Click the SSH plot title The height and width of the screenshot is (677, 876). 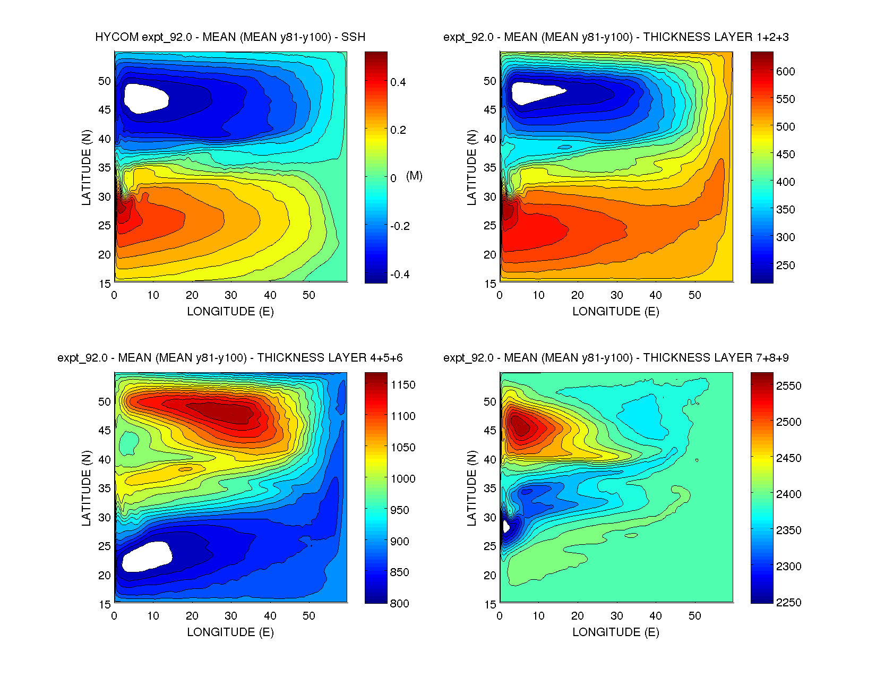pos(230,37)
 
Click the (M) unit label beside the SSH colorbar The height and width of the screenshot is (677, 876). pos(414,176)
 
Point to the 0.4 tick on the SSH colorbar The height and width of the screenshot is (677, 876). pos(398,82)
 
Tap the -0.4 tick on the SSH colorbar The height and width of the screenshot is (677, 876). pos(399,275)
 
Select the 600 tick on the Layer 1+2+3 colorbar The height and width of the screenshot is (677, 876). pos(785,72)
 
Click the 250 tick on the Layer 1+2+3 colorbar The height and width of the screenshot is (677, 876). pos(785,265)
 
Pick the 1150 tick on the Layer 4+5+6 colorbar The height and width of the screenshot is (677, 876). pos(403,385)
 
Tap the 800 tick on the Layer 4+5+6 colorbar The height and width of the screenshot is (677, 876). pos(399,603)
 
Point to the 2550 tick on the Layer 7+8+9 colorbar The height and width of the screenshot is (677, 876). pos(788,386)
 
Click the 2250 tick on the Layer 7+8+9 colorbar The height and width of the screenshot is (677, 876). pos(788,602)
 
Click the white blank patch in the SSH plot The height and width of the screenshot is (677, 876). pos(145,98)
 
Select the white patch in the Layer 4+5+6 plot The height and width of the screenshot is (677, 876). pos(147,556)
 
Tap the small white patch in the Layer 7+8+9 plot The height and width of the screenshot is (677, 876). pos(505,527)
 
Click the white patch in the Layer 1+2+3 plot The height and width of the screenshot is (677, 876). pos(534,92)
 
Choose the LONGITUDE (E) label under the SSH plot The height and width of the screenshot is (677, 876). pos(230,312)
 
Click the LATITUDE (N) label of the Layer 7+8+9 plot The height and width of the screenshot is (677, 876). pos(471,488)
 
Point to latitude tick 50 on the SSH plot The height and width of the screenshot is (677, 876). pos(105,81)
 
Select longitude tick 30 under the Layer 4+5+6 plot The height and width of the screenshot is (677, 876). pos(231,616)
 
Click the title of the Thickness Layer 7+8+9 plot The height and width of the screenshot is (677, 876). pos(616,358)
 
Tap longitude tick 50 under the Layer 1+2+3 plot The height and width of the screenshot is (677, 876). pos(694,295)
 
